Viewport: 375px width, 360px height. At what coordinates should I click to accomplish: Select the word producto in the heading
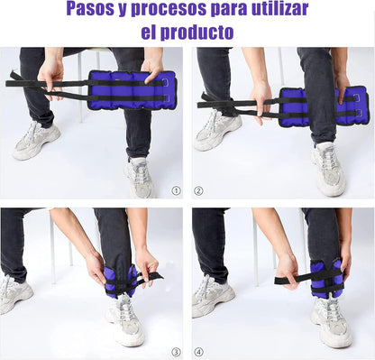(197, 32)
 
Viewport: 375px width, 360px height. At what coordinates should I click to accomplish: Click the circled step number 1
(176, 190)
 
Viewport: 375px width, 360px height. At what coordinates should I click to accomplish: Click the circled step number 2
(198, 190)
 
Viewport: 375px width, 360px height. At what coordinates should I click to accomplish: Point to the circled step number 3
(176, 352)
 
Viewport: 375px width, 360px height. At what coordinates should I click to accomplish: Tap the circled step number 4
(198, 352)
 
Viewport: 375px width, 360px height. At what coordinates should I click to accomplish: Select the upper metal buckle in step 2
(357, 97)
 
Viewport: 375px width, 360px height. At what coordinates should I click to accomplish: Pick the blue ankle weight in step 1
(132, 90)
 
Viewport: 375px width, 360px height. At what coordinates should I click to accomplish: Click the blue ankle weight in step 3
(121, 281)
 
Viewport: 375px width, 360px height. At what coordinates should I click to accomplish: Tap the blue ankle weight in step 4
(326, 278)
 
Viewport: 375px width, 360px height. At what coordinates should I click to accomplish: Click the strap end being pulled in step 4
(282, 281)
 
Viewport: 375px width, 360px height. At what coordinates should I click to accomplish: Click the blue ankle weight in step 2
(324, 106)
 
